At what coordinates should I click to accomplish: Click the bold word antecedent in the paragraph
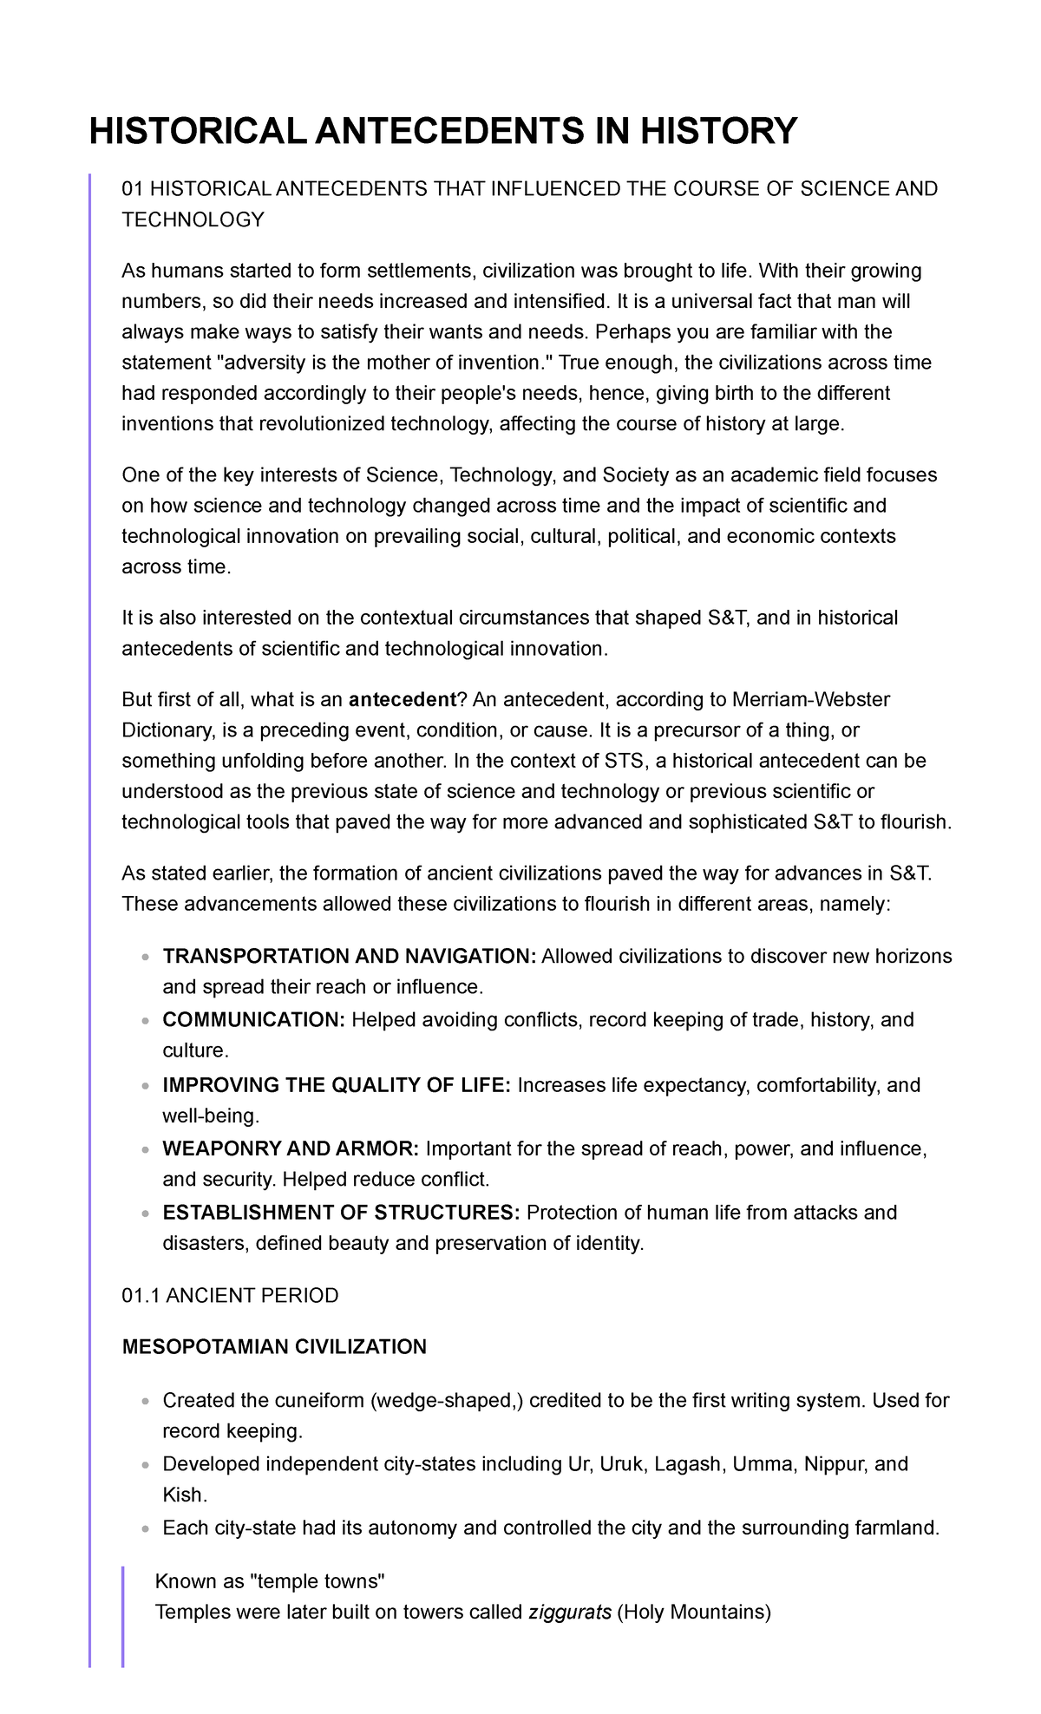coord(402,700)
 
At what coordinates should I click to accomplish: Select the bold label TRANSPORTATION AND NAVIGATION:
coord(350,956)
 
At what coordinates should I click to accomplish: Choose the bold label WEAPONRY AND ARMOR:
coord(291,1148)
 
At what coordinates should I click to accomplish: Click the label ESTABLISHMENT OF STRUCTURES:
coord(342,1212)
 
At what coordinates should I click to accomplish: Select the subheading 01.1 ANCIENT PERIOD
coord(230,1296)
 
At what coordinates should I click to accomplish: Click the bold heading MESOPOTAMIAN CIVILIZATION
coord(274,1347)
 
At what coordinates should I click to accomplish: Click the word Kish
coord(183,1495)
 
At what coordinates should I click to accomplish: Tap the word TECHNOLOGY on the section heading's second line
coord(193,220)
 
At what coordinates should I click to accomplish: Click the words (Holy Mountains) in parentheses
coord(693,1613)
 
